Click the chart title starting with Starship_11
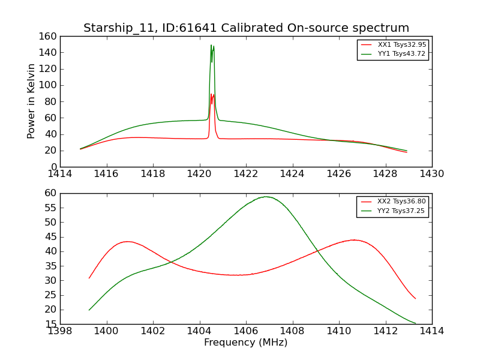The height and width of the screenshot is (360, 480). click(x=246, y=28)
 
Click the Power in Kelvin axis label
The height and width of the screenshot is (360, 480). click(x=31, y=101)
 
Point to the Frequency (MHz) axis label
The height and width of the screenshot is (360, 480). click(x=246, y=343)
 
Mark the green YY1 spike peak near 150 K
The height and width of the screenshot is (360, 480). click(x=211, y=45)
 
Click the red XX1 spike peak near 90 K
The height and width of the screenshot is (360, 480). click(x=211, y=94)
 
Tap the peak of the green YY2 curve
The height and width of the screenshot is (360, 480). click(x=265, y=197)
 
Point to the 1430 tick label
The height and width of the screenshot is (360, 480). click(x=431, y=173)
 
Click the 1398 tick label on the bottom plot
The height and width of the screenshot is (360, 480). click(x=60, y=331)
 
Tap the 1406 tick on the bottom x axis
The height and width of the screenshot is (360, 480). click(x=246, y=331)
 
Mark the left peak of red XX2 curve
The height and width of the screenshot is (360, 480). click(x=127, y=242)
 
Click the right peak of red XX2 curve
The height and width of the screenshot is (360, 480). click(x=354, y=240)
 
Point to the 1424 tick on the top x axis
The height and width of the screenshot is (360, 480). click(x=292, y=173)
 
